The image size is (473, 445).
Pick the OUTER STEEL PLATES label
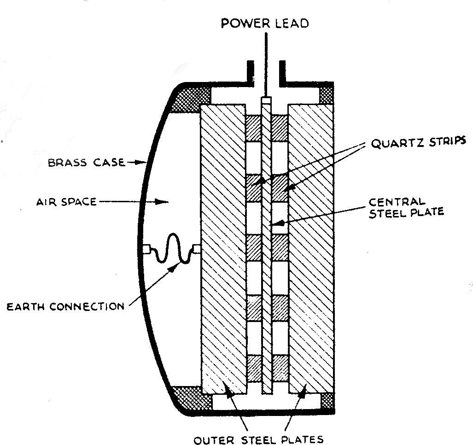point(265,436)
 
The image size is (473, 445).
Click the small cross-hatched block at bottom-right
point(327,400)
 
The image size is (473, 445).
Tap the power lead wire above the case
point(266,60)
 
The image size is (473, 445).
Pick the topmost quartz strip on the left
point(252,128)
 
